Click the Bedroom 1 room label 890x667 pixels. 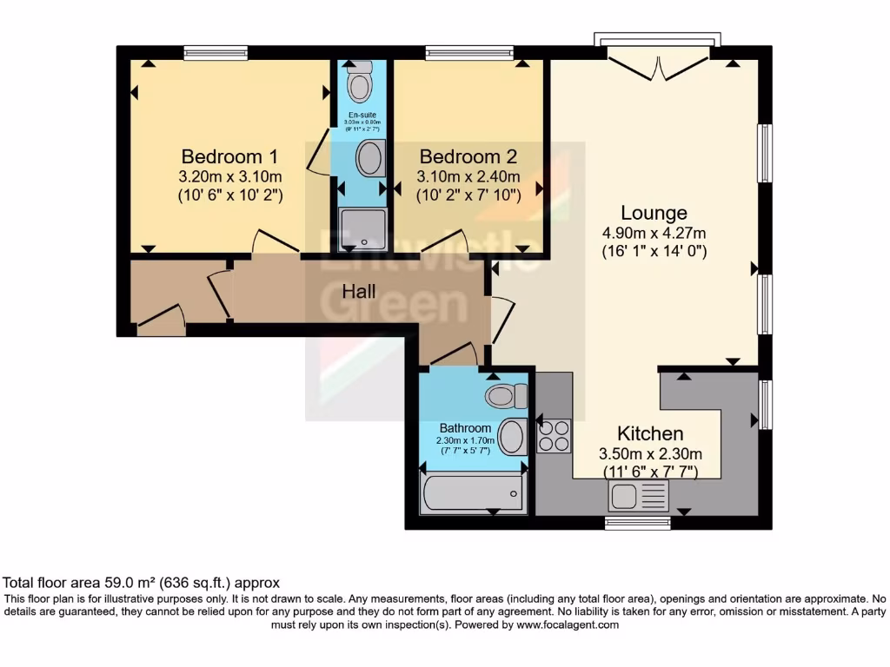tap(229, 157)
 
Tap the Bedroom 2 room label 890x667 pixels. tap(468, 157)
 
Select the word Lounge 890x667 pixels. tap(654, 213)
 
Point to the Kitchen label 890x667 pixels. tap(650, 433)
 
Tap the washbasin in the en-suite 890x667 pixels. tap(370, 159)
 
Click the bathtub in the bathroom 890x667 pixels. tap(472, 492)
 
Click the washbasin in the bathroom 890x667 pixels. tap(512, 436)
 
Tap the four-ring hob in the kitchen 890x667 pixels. tap(554, 435)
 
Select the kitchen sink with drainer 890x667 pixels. tap(639, 498)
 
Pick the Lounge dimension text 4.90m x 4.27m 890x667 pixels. tap(654, 233)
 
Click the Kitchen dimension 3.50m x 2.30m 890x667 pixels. tap(650, 453)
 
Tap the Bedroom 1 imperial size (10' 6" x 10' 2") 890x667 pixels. tap(229, 195)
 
